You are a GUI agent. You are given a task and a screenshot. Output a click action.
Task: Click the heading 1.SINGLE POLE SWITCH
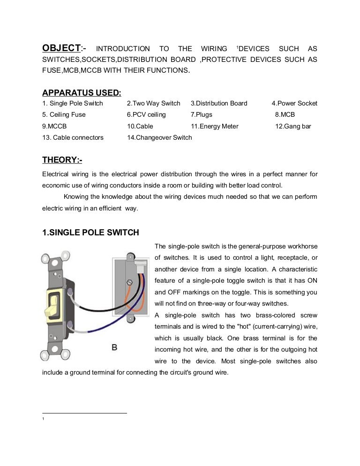coord(90,233)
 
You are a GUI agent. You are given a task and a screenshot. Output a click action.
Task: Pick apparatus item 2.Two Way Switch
coord(153,103)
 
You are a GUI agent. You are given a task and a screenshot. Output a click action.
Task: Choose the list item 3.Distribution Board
coord(218,103)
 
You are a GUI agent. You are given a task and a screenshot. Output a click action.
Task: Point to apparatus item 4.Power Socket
coord(294,103)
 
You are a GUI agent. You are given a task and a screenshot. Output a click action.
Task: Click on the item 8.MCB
coord(285,114)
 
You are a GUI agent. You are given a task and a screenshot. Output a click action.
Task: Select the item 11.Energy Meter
coord(214,126)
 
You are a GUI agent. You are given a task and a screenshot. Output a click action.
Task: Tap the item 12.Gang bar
coord(293,126)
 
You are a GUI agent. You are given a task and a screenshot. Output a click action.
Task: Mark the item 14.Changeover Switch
coord(159,137)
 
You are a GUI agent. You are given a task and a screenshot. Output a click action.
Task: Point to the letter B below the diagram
coord(114,347)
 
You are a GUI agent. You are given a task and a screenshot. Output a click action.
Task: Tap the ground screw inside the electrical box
coord(130,283)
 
